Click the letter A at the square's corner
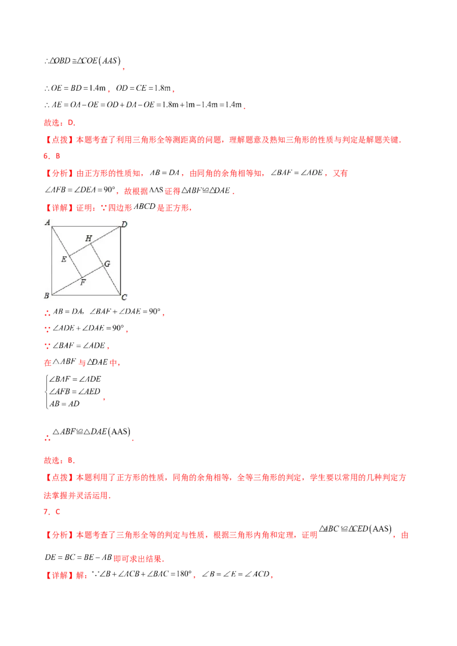(46, 221)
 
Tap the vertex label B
(46, 296)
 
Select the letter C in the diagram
(124, 297)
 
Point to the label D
(124, 224)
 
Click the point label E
(63, 260)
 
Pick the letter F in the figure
(83, 281)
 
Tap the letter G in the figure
(107, 263)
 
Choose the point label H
(89, 238)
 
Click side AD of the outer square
(86, 227)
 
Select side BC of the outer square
(86, 295)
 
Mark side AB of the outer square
(51, 261)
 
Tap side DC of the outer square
(121, 261)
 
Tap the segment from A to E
(61, 242)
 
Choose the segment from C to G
(112, 280)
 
